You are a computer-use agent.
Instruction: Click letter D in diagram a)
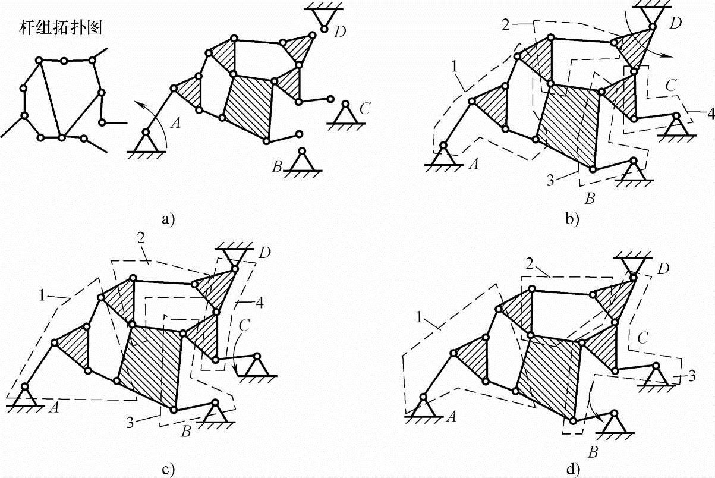tap(341, 32)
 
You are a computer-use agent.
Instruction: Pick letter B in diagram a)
tap(277, 167)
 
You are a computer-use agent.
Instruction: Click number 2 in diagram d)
tap(528, 264)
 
